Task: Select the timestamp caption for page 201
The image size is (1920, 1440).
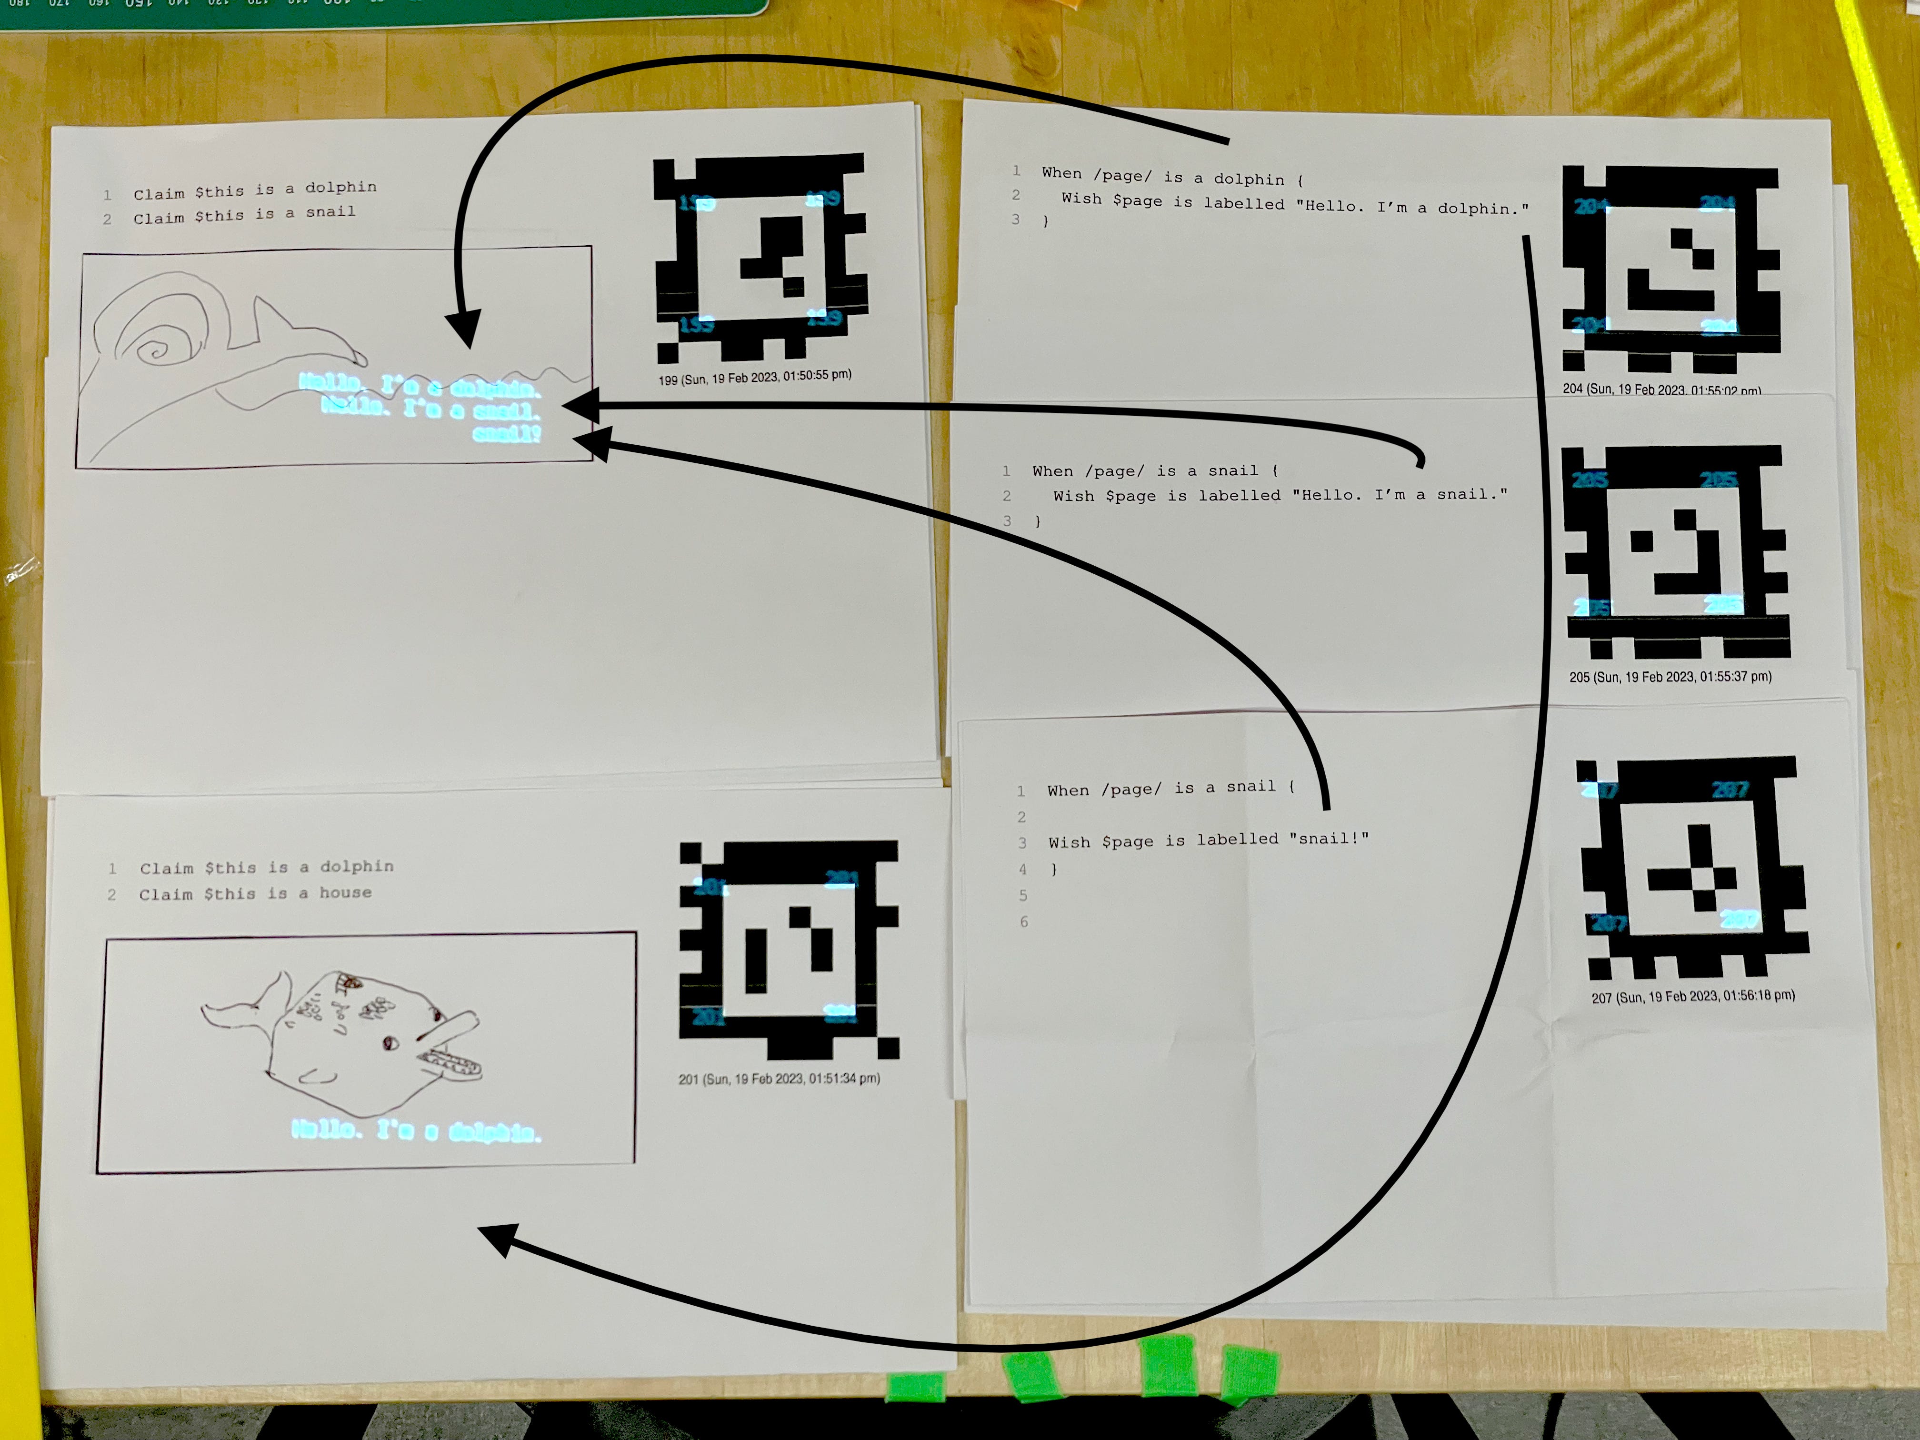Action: coord(779,1079)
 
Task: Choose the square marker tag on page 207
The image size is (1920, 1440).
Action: coord(1692,868)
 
